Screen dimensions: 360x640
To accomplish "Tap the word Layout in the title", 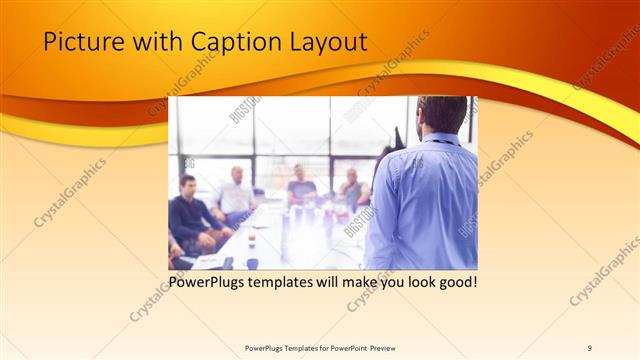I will (326, 42).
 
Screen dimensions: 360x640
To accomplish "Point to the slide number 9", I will (590, 348).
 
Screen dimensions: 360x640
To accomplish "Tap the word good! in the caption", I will (456, 283).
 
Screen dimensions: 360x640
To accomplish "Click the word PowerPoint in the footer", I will (342, 348).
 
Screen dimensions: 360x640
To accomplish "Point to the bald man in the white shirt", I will (236, 195).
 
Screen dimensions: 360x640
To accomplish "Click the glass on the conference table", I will (251, 239).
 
